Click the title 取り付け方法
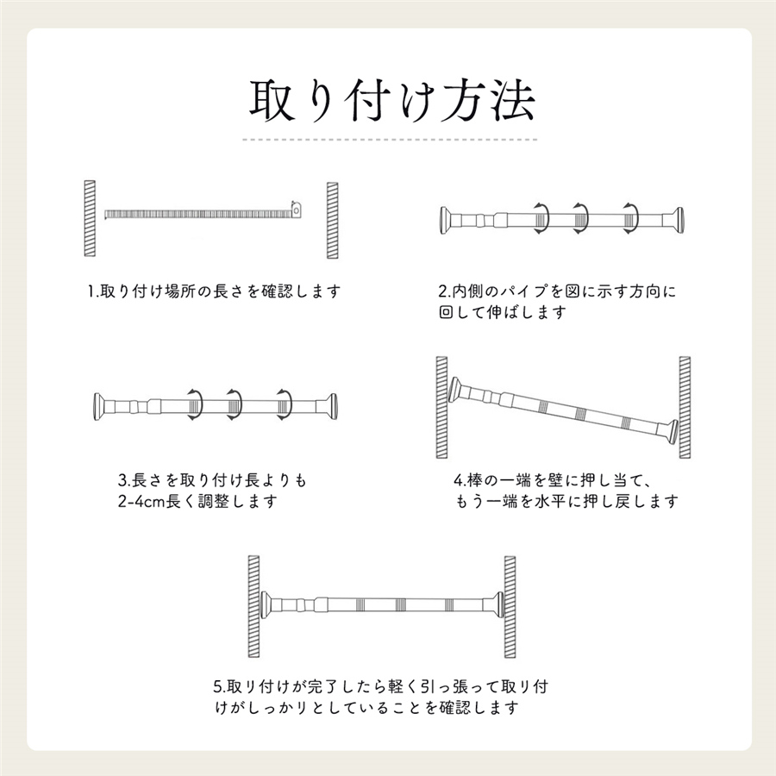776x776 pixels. point(391,101)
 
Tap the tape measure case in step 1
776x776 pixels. point(297,210)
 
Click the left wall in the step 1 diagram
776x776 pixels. point(90,218)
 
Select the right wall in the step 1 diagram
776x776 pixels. point(333,220)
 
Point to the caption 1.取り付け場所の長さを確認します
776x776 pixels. point(215,291)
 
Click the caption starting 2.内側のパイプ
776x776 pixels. point(557,302)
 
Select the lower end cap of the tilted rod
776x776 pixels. point(672,432)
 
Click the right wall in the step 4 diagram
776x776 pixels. point(685,407)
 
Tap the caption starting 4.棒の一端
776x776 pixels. point(565,491)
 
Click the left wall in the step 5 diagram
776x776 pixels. point(253,607)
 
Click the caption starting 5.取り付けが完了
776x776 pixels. point(381,698)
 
